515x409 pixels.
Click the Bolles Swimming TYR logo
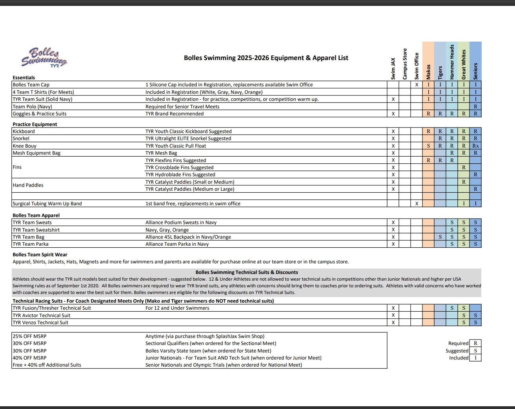(44, 58)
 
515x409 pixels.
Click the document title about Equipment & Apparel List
(266, 58)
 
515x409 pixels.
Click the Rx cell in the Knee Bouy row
(475, 146)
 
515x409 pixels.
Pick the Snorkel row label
(21, 139)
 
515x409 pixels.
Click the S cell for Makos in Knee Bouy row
(428, 146)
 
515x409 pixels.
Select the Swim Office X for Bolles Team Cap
(417, 85)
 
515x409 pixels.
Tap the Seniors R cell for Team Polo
(475, 106)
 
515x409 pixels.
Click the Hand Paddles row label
(28, 185)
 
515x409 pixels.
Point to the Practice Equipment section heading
(35, 124)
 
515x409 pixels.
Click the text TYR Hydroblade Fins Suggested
(180, 175)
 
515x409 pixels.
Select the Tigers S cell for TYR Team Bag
(440, 237)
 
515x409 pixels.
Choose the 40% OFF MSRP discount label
(30, 358)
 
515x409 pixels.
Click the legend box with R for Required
(475, 343)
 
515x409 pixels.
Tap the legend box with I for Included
(475, 358)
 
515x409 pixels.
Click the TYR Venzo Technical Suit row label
(40, 323)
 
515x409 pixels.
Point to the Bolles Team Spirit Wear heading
(40, 255)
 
